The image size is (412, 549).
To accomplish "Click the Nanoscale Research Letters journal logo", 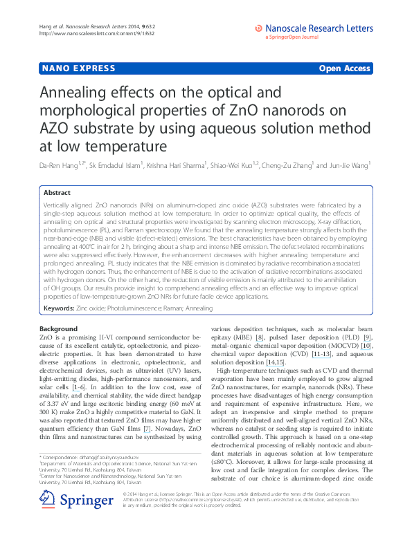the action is pos(314,29).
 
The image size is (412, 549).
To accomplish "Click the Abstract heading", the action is pos(58,193).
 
